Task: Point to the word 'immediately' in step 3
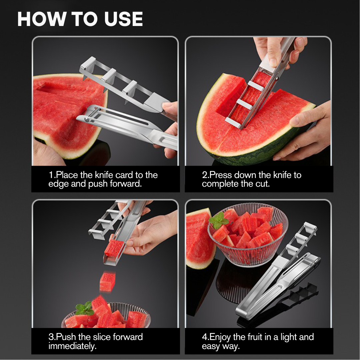72,346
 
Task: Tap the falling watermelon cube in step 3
107,282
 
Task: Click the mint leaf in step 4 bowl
219,220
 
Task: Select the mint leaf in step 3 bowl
84,309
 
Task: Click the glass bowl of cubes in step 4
248,233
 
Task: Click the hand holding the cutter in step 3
150,233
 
